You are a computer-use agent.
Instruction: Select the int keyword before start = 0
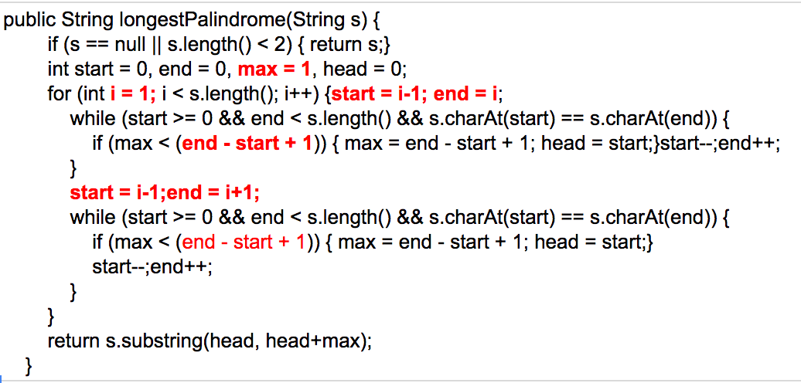58,69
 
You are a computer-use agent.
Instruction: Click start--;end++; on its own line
152,267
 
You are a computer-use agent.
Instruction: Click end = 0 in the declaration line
201,69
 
